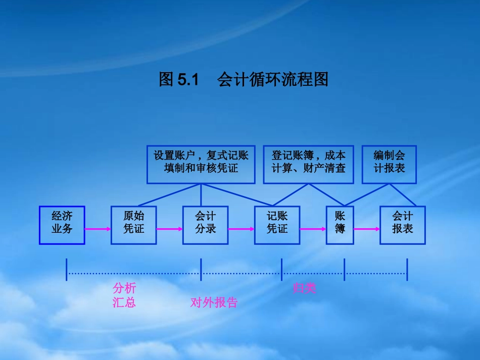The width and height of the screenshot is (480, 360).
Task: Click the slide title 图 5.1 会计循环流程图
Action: tap(244, 80)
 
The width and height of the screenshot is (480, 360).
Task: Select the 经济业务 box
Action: tap(62, 225)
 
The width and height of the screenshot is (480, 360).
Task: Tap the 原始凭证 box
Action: tap(133, 225)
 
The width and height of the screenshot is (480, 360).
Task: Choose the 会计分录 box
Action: tap(205, 225)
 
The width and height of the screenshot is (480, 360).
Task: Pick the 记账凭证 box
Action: tap(277, 225)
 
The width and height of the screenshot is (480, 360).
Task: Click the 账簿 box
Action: tap(340, 225)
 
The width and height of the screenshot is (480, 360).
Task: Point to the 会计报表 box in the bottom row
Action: tap(402, 225)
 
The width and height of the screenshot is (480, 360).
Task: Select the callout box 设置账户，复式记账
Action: tap(201, 165)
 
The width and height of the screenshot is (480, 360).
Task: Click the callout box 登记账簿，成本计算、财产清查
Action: tap(308, 165)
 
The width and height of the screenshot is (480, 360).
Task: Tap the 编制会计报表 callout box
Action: tap(389, 165)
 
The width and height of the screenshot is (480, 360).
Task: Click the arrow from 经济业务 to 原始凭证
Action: tap(98, 229)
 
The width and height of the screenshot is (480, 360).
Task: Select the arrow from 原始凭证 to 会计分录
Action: tap(169, 229)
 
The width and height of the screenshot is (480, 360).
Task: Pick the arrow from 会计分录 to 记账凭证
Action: tap(241, 229)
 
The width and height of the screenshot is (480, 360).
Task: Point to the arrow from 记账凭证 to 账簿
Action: tap(313, 229)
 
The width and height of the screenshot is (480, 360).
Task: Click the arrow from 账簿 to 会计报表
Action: tap(366, 229)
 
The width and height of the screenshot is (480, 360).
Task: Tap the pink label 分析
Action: tap(124, 289)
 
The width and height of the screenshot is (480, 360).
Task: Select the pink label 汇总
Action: tap(124, 303)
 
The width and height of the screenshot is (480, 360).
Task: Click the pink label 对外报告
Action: tap(214, 303)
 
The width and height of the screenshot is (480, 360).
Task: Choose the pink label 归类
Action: tap(304, 289)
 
